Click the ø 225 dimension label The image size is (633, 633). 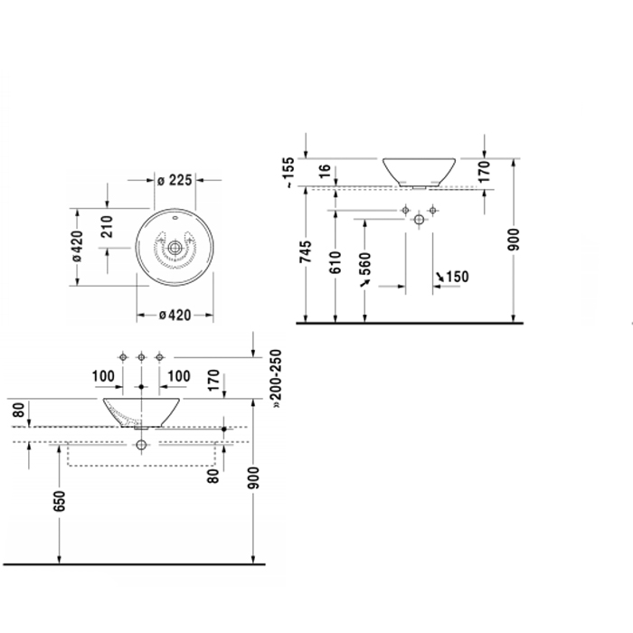(x=175, y=180)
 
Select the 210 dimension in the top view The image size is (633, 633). (x=107, y=226)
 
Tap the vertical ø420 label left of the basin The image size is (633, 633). (x=77, y=246)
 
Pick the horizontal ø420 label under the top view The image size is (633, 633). (x=175, y=315)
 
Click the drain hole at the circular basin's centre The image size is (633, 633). (x=175, y=248)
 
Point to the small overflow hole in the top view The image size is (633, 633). (x=175, y=219)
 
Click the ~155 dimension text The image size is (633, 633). (x=290, y=173)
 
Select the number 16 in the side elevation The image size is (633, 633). (x=325, y=171)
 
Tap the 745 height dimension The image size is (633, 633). (x=306, y=251)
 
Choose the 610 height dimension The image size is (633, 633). (x=335, y=262)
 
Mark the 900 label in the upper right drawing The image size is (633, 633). (x=513, y=239)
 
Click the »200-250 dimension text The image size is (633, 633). (x=277, y=379)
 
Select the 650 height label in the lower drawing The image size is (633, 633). (x=59, y=501)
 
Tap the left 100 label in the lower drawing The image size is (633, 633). (x=103, y=376)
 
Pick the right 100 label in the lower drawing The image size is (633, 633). (x=178, y=376)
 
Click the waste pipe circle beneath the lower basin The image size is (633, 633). (x=141, y=445)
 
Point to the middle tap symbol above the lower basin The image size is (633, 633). (x=141, y=357)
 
